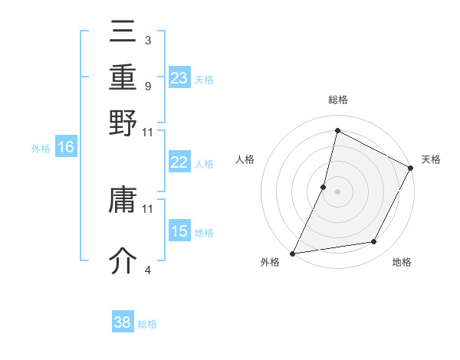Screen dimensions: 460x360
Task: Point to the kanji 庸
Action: pyautogui.click(x=123, y=202)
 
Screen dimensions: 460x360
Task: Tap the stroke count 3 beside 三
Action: pyautogui.click(x=148, y=41)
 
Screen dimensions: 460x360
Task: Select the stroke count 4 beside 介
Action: pyautogui.click(x=148, y=270)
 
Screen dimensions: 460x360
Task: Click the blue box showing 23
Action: pyautogui.click(x=179, y=77)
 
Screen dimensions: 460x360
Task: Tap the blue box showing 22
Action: pyautogui.click(x=179, y=162)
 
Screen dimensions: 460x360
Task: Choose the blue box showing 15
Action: pyautogui.click(x=179, y=231)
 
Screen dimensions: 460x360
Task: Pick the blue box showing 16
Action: pyautogui.click(x=66, y=147)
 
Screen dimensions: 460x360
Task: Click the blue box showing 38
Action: pyautogui.click(x=123, y=322)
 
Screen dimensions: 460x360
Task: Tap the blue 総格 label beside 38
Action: pyautogui.click(x=147, y=324)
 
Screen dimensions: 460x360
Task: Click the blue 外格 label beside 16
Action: pyautogui.click(x=41, y=149)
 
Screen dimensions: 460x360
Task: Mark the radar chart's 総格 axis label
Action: pyautogui.click(x=337, y=100)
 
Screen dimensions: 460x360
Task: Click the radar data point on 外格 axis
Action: pyautogui.click(x=293, y=253)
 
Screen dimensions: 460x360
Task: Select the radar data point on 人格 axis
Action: pyautogui.click(x=324, y=187)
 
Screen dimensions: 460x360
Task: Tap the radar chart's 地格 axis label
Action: pyautogui.click(x=402, y=263)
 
